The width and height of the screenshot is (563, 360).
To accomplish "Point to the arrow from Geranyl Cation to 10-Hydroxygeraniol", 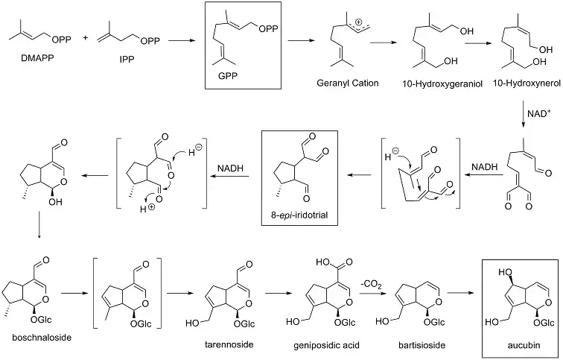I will pyautogui.click(x=389, y=44).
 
